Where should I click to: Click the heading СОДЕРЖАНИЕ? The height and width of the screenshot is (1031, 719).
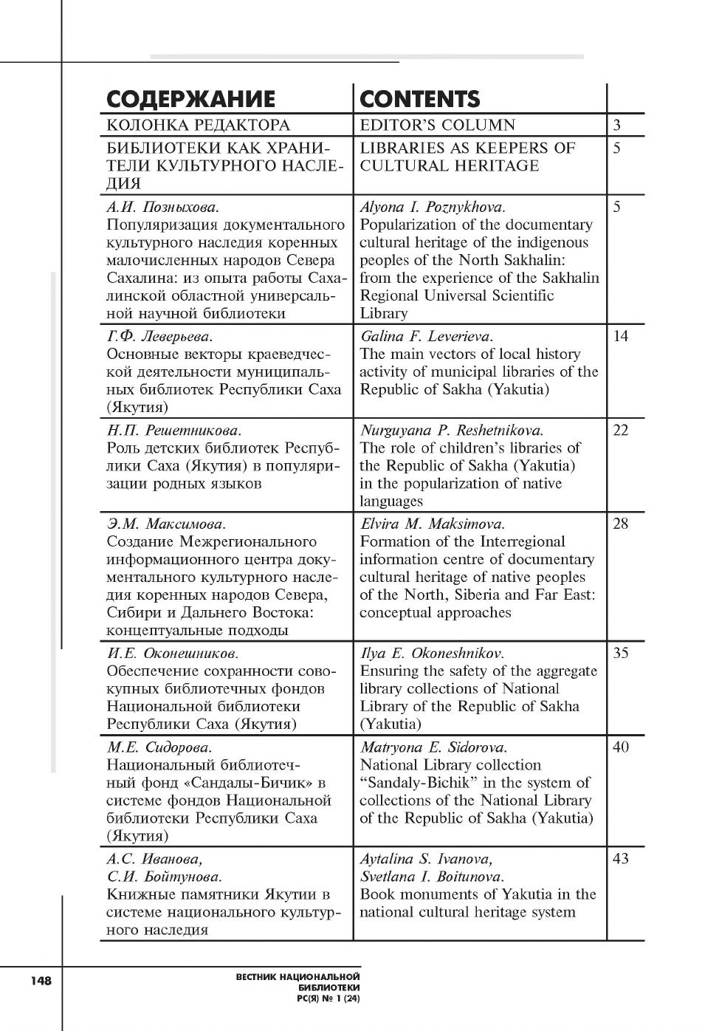190,99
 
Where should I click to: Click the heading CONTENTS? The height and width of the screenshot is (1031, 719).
419,99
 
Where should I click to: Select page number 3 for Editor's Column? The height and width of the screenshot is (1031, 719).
617,126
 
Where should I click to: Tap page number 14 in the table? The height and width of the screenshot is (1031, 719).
621,337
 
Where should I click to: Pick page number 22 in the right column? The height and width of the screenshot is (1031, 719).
621,431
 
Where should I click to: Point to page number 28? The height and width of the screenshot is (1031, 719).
621,524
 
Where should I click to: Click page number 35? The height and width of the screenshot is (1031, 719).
621,654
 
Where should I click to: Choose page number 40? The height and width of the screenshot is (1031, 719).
621,747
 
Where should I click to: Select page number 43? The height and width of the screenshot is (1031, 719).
621,859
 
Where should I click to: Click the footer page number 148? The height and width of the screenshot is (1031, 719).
41,981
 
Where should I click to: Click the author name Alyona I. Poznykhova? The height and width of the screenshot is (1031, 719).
433,208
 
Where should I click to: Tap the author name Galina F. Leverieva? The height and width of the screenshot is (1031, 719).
427,337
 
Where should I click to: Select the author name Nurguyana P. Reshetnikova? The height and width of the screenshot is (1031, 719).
452,431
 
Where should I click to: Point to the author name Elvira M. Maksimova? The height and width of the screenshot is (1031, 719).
433,524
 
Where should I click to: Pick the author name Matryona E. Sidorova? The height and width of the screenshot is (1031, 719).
434,747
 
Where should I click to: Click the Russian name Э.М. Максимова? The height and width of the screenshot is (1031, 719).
166,524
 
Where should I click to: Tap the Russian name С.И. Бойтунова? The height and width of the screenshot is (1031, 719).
164,877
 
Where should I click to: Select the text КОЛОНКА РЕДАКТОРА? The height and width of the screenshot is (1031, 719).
199,126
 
